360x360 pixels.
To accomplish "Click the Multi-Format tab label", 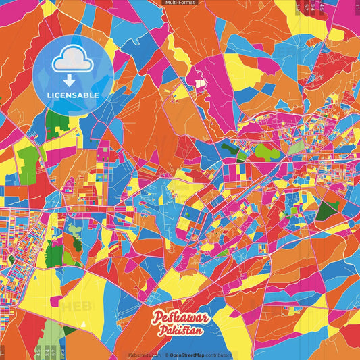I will (x=180, y=3).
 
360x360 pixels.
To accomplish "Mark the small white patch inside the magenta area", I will (x=199, y=83).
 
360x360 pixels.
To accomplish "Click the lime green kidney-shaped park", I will (x=267, y=152).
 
